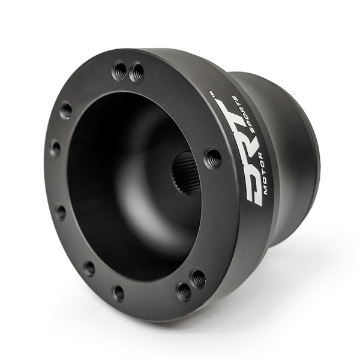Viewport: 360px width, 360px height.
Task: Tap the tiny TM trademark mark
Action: click(x=211, y=94)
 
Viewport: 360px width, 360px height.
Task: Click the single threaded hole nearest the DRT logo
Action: click(x=212, y=158)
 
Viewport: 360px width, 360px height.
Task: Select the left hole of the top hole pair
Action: click(x=119, y=71)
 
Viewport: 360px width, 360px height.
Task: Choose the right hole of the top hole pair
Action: click(x=137, y=73)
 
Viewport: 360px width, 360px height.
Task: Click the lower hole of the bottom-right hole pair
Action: click(x=184, y=292)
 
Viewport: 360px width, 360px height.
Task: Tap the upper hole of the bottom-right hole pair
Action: click(x=197, y=278)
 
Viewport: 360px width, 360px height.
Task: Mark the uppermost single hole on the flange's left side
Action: click(x=66, y=110)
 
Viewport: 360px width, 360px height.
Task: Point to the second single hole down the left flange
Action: click(x=56, y=148)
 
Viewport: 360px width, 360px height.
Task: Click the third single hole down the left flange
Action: click(x=61, y=211)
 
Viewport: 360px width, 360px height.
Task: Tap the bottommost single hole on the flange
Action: click(x=118, y=293)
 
